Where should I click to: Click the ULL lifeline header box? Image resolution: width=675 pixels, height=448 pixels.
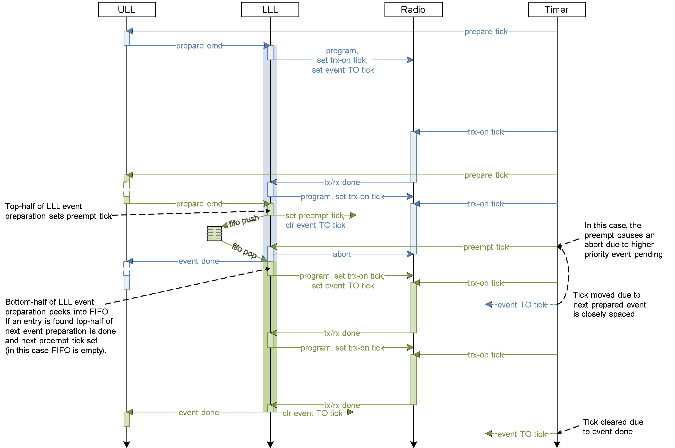pos(127,10)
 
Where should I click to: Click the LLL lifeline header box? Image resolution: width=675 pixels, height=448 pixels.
pos(270,10)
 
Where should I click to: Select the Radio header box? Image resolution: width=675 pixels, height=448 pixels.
pos(413,10)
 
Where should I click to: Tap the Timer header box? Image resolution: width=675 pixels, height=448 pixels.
pos(557,10)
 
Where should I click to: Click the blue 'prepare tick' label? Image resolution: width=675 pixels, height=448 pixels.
pos(485,31)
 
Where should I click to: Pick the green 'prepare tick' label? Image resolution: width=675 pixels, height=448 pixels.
pos(485,175)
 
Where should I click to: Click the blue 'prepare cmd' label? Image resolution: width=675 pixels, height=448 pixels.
pos(198,46)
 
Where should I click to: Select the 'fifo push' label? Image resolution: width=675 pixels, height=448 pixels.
pos(244,220)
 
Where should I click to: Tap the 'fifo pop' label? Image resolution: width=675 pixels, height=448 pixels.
pos(244,250)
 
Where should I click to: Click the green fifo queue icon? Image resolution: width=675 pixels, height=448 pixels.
pos(214,234)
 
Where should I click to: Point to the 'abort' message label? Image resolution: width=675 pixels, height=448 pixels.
pos(342,254)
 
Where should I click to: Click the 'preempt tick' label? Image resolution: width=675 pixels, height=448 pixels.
pos(485,247)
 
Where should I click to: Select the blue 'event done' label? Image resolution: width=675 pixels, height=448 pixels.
pos(198,261)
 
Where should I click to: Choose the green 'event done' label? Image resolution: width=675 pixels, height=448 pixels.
pos(198,412)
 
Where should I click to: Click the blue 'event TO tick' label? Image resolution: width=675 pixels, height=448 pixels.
pos(521,305)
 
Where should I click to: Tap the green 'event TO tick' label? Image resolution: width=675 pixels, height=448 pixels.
pos(521,434)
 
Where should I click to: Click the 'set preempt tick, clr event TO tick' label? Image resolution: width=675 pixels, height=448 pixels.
pos(315,220)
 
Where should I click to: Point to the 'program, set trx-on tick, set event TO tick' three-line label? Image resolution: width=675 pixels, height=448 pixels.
pos(342,60)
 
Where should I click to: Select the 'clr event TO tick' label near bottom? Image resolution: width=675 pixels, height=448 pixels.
pos(312,413)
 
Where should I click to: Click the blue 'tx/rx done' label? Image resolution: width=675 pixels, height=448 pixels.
pos(342,182)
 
